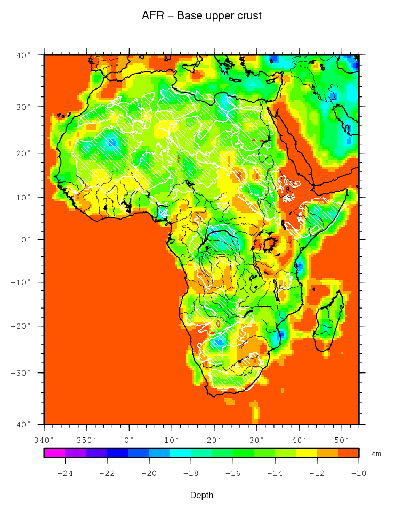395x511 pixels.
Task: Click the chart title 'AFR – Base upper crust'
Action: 201,16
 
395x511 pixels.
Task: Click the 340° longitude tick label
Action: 44,440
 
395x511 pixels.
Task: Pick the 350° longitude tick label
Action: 86,440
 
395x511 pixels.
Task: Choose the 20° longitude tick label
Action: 214,440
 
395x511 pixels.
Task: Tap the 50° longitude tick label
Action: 342,440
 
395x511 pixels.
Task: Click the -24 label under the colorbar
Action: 65,472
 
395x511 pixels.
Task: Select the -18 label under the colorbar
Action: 191,472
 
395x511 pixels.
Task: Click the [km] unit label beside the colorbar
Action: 376,453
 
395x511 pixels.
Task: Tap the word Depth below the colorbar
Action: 201,496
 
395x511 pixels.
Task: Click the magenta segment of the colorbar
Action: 54,453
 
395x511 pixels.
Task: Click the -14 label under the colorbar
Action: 275,472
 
